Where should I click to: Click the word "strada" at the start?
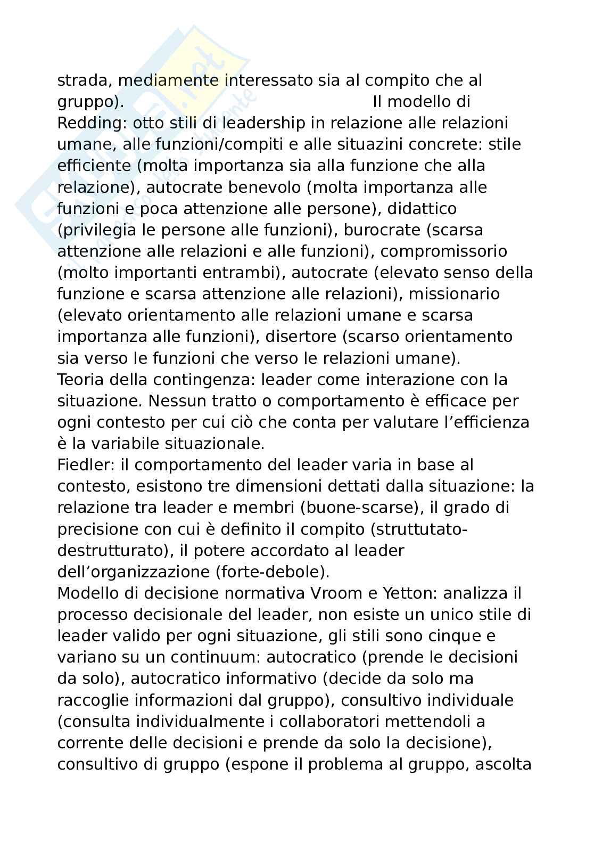[x=85, y=80]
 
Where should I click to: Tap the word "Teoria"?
[x=81, y=380]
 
